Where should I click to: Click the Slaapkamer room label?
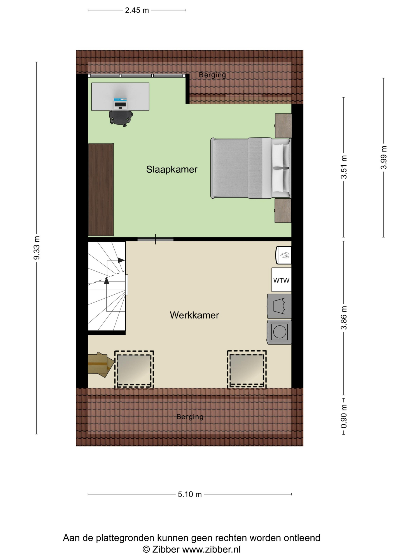[x=172, y=169]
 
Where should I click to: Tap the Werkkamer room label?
[x=194, y=315]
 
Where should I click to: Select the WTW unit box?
[x=281, y=280]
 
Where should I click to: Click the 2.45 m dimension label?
[x=137, y=10]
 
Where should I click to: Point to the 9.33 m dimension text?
[x=37, y=248]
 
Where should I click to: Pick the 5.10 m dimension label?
[x=190, y=494]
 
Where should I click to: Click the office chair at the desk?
[x=121, y=118]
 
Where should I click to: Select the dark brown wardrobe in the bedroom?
[x=101, y=190]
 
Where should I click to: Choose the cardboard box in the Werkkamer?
[x=100, y=365]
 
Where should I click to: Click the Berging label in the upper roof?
[x=212, y=75]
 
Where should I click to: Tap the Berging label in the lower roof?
[x=190, y=417]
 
